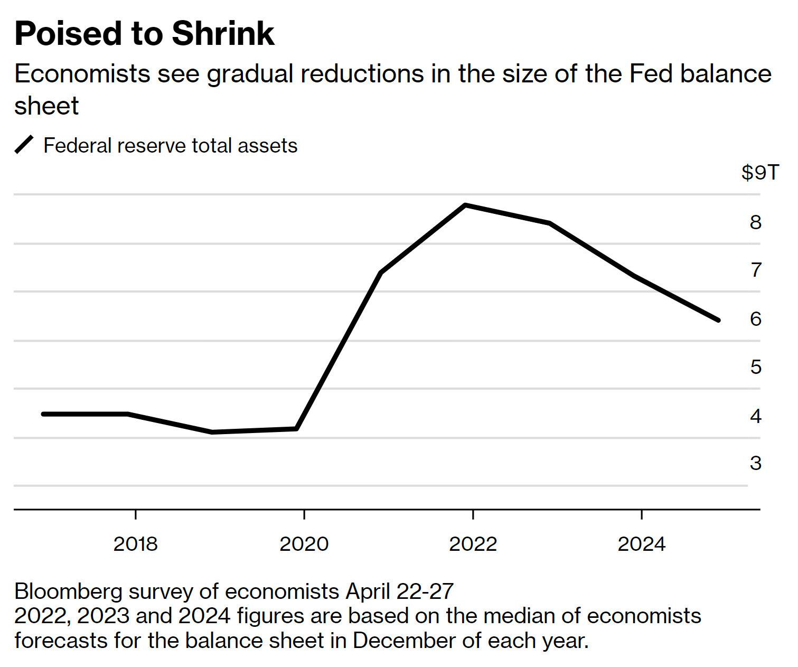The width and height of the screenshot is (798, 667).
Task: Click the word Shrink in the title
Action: [x=223, y=34]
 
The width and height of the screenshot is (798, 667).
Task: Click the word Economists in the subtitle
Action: [x=82, y=74]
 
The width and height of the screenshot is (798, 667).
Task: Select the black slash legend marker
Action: [x=24, y=145]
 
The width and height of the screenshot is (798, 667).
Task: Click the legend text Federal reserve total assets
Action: [x=170, y=146]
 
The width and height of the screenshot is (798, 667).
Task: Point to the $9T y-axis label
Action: [x=760, y=173]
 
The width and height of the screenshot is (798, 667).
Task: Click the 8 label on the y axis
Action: [x=756, y=222]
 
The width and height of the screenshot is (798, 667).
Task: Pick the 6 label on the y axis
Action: [x=756, y=319]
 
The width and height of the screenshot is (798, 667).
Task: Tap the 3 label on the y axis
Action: [x=756, y=463]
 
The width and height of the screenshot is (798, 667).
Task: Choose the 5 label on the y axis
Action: [x=756, y=367]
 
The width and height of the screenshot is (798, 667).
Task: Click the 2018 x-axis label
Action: [x=135, y=544]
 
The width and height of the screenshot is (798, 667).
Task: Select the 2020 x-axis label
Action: [x=304, y=544]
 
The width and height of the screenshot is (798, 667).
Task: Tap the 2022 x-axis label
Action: [x=473, y=544]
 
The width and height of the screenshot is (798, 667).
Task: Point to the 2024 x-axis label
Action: [x=641, y=544]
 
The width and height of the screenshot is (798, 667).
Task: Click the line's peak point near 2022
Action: [x=465, y=205]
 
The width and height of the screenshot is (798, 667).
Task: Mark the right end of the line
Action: [x=718, y=320]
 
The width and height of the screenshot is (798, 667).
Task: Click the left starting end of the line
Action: [x=43, y=414]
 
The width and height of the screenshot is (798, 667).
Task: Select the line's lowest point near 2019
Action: [x=212, y=432]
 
